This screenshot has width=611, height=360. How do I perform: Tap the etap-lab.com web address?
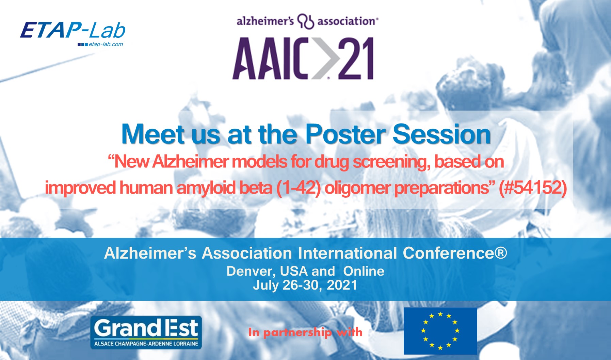tap(106, 44)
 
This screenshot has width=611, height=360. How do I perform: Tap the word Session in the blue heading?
tap(442, 134)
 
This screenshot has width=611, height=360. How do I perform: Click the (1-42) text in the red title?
tap(299, 188)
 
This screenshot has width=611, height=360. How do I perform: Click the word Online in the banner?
tap(364, 271)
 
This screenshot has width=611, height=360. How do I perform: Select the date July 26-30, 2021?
tap(305, 285)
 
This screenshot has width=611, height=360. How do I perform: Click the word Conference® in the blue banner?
tap(455, 253)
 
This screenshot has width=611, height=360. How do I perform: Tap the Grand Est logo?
tap(146, 332)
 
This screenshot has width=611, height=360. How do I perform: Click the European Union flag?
tap(440, 331)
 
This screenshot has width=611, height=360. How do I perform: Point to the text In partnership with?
tap(305, 332)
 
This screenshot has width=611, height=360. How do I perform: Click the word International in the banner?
tap(348, 253)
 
